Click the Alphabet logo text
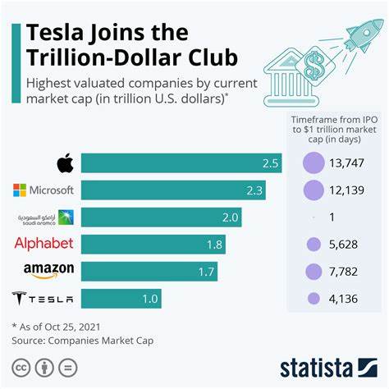43,244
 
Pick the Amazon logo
48,270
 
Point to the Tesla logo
43,299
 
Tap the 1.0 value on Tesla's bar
149,299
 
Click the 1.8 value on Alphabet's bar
214,244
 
